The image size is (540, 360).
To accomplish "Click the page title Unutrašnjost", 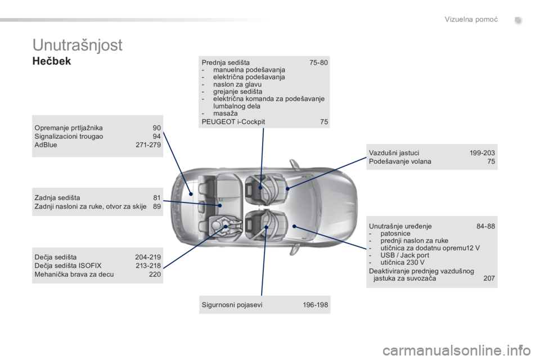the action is point(78,45).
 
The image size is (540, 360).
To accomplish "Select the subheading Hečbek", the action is point(52,61).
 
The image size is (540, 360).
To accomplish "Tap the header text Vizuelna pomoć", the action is point(471,19).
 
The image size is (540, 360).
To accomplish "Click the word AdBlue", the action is point(46,145).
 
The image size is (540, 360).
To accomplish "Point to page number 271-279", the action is point(148,145).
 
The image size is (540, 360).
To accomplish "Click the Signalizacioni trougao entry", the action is point(69,136).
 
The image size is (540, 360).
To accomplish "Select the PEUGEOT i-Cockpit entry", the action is point(233,121).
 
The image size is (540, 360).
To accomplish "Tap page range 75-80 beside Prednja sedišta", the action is point(318,62).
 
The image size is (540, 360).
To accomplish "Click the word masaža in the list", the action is point(225,113).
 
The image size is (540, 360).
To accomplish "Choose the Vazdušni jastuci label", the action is point(394,152).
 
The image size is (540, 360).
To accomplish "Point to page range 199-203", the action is point(482,152).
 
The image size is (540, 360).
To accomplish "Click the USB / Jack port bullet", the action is point(404,255).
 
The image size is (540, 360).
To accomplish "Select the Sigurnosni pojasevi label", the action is point(232,304).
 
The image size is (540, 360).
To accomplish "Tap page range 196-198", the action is point(315,304).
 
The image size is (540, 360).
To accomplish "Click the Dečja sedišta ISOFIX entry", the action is point(68,265).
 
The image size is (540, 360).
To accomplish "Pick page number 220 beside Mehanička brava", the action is point(155,274).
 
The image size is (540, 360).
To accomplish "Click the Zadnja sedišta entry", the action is point(57,198).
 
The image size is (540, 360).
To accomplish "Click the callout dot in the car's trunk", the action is point(191,194).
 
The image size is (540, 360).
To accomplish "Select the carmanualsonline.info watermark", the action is point(457,350).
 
